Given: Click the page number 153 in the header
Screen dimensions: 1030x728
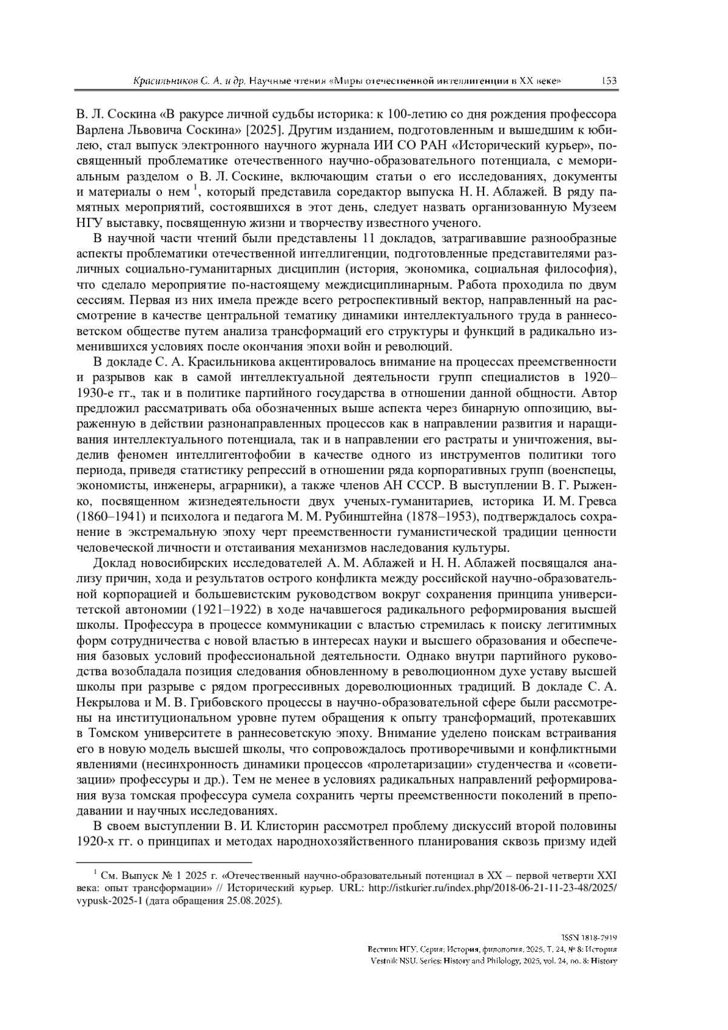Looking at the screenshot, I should [x=608, y=81].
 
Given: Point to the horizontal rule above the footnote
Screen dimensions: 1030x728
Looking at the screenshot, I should [x=164, y=861].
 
